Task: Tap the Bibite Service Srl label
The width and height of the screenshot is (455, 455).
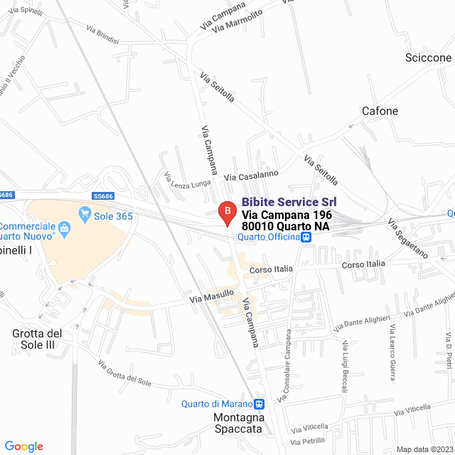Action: point(289,202)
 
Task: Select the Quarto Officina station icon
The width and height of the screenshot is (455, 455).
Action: point(305,237)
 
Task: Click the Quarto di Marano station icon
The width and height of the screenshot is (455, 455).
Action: point(259,405)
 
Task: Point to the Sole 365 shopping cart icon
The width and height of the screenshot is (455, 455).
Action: point(85,213)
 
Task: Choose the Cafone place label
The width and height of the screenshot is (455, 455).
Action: point(380,111)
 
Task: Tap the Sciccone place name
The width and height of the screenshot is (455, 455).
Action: point(427,58)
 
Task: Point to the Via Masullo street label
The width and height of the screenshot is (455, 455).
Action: point(212,296)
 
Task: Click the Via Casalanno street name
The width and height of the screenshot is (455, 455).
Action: point(251,174)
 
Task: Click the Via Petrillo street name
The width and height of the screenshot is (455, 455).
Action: point(307,441)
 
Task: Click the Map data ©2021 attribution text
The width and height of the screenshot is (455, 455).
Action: point(424,449)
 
